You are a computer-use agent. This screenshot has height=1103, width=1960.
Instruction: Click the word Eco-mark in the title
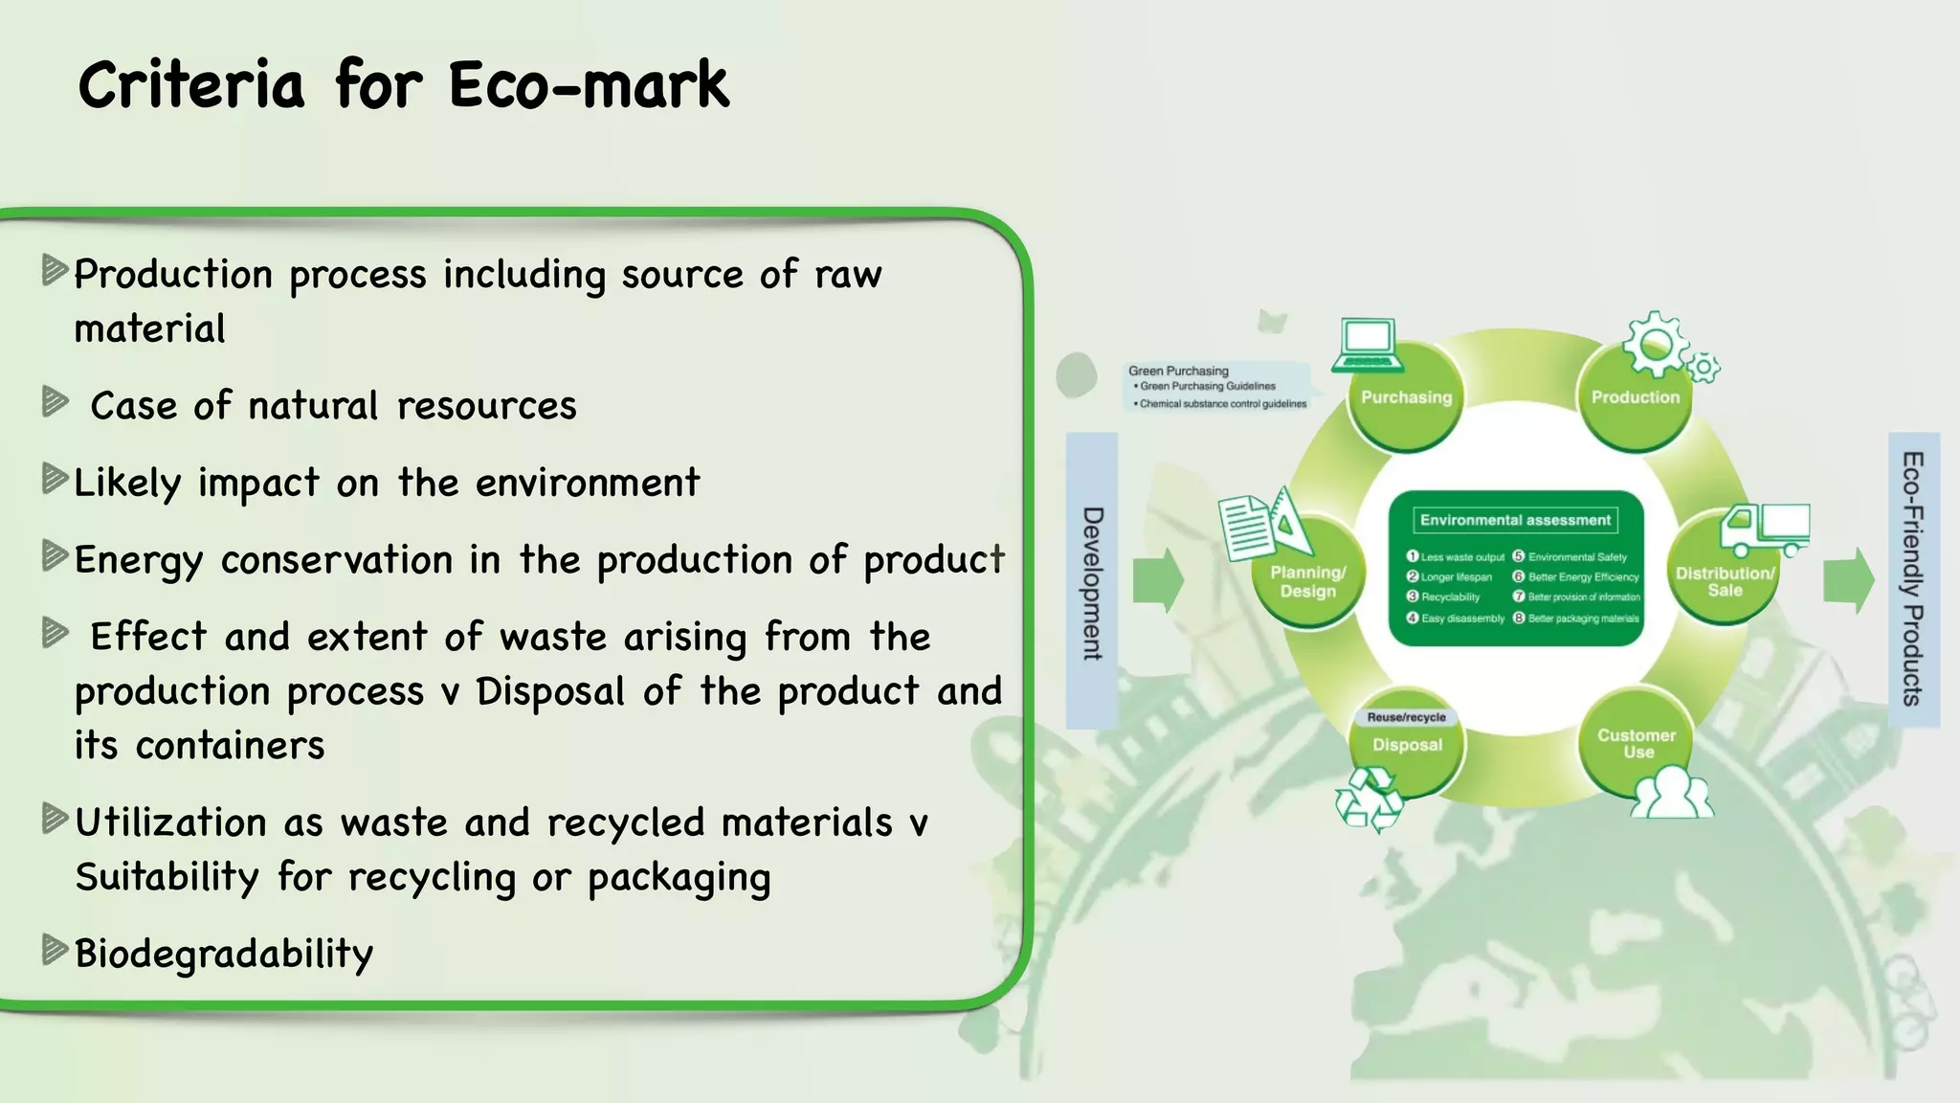coord(589,86)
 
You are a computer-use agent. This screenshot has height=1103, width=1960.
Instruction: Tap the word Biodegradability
coord(224,954)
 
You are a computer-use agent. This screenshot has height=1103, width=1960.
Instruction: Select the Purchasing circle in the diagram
coord(1406,397)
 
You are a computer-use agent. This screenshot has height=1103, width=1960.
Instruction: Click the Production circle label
coord(1635,397)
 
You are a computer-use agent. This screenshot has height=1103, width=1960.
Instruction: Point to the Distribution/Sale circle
coord(1725,581)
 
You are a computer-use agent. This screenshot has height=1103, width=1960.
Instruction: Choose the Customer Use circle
coord(1637,743)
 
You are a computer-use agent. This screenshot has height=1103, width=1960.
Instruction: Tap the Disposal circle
coord(1407,746)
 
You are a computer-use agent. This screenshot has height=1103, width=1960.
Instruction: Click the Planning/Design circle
coord(1307,581)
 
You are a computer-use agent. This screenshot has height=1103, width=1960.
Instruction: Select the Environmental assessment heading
coord(1515,520)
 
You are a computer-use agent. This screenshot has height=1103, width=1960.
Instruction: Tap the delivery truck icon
coord(1764,529)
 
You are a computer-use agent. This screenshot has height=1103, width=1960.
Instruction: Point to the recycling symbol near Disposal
coord(1369,799)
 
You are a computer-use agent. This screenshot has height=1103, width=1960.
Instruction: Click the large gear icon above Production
coord(1656,343)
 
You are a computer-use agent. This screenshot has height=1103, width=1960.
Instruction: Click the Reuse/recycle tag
coord(1406,717)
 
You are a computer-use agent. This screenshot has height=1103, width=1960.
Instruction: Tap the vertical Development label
coord(1092,582)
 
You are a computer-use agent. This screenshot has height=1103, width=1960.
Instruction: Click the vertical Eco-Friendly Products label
coord(1913,578)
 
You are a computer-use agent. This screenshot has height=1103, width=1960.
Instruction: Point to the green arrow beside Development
coord(1158,580)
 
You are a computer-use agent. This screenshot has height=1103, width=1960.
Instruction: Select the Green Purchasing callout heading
coord(1178,371)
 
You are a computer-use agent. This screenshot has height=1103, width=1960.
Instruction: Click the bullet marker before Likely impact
coord(55,479)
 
